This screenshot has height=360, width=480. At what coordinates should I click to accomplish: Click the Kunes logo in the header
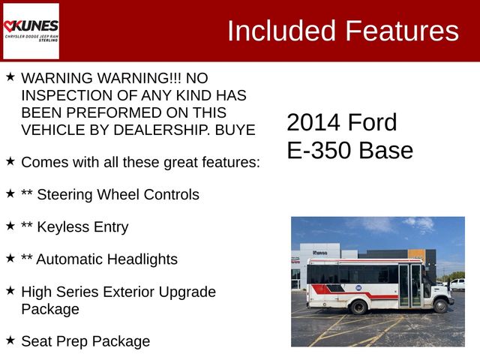(x=31, y=30)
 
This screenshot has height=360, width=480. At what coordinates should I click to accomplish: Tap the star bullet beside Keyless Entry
(x=10, y=225)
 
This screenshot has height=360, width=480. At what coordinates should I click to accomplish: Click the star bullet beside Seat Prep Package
(x=10, y=339)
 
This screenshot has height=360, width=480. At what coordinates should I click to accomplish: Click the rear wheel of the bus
(x=359, y=306)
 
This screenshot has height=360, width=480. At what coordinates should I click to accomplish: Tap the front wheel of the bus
(x=440, y=305)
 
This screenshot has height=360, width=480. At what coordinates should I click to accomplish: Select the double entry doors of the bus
(x=409, y=286)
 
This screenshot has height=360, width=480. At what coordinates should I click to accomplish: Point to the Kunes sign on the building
(x=320, y=253)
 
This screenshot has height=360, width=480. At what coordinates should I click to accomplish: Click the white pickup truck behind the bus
(x=457, y=284)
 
